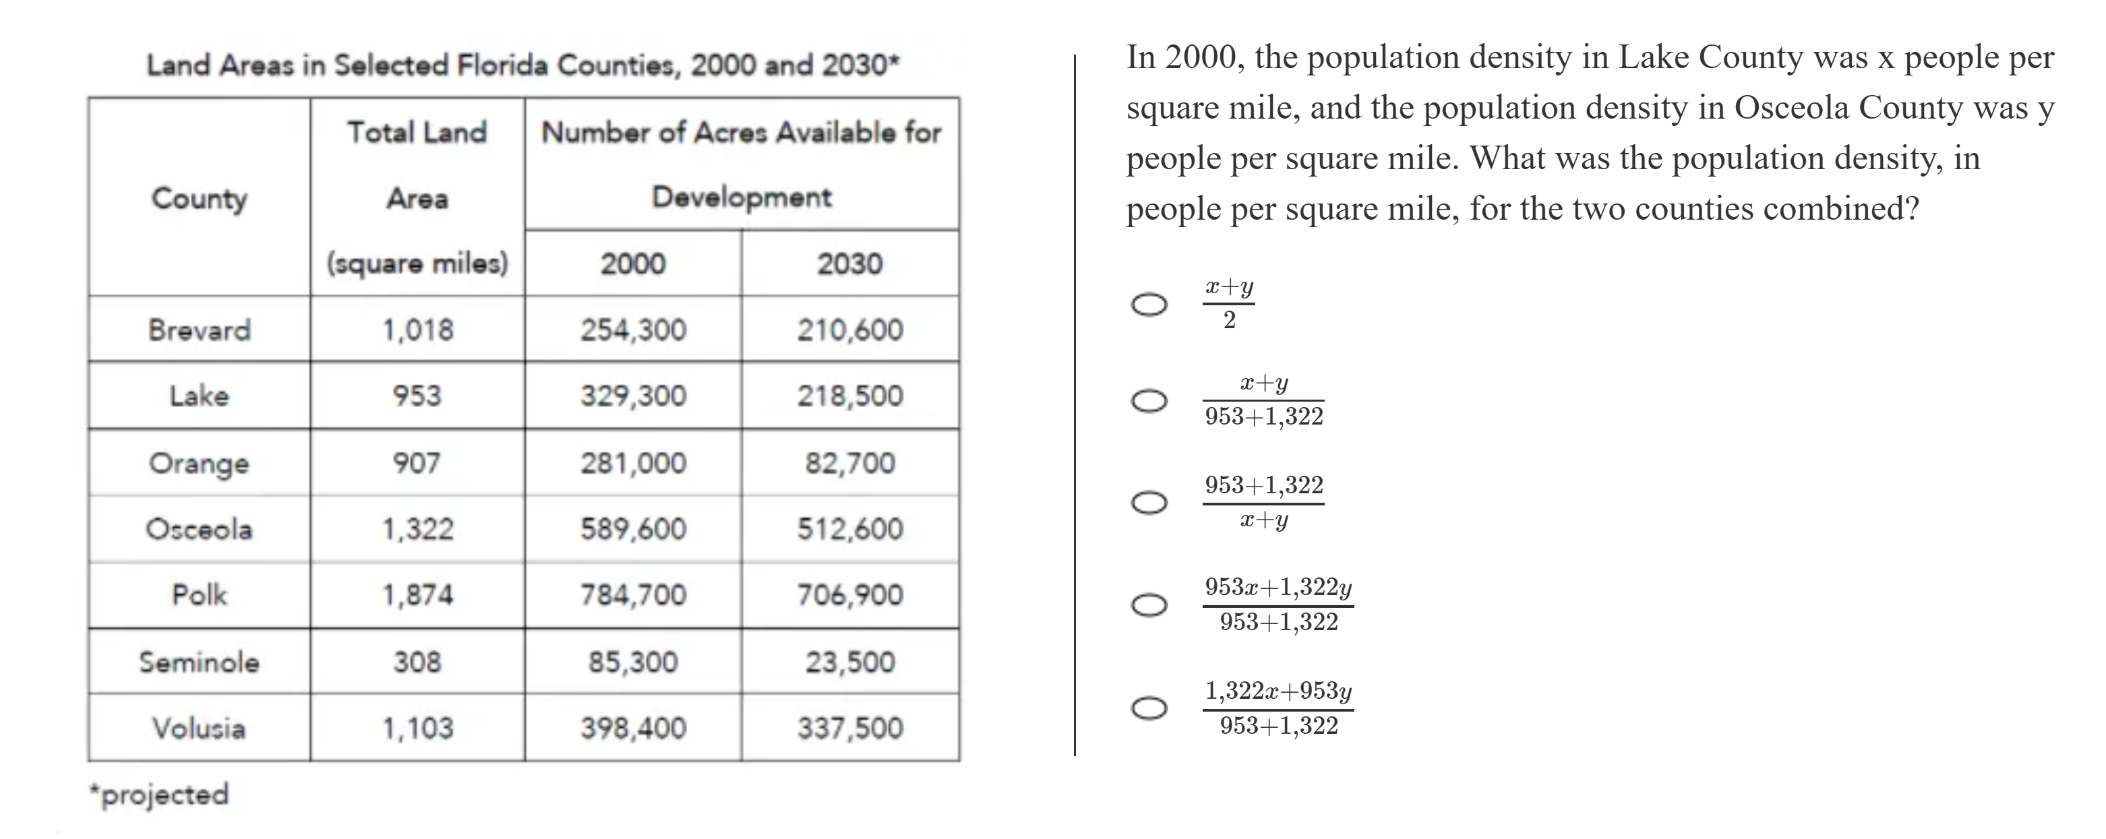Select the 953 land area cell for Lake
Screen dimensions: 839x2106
coord(417,396)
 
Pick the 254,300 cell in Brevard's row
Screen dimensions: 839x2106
coord(633,330)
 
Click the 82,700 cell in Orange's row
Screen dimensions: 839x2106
coord(849,463)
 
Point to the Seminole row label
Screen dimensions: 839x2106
coord(199,662)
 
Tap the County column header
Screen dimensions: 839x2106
coord(199,197)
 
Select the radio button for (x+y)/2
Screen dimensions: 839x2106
coord(1149,305)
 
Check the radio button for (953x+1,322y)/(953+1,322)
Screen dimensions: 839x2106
coord(1149,605)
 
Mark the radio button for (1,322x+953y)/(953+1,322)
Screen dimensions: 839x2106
coord(1149,708)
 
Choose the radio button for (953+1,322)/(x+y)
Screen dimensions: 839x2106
coord(1149,503)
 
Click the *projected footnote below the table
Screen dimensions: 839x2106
coord(160,794)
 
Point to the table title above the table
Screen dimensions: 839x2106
coord(522,65)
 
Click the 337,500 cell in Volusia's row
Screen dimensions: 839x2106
coord(849,728)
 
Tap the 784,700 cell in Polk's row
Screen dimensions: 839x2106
coord(633,595)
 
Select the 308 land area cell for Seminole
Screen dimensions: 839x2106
coord(417,662)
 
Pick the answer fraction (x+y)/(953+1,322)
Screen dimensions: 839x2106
coord(1263,400)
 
